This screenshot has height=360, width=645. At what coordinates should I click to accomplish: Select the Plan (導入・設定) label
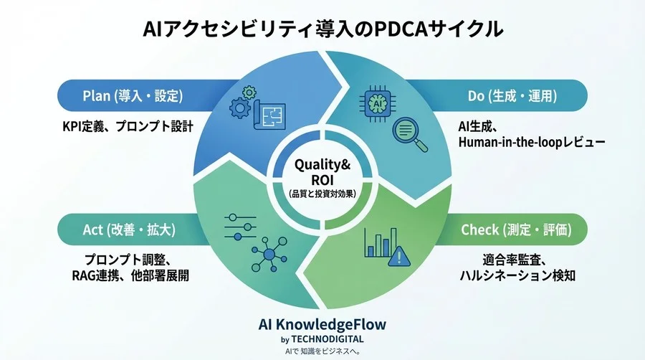[x=133, y=95]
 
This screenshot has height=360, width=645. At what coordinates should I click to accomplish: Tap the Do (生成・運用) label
[x=512, y=95]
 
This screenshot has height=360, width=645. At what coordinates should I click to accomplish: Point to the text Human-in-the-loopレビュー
[x=531, y=142]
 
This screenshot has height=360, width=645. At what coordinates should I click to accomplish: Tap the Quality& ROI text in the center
[x=322, y=172]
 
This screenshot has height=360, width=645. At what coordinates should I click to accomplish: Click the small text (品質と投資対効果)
[x=322, y=193]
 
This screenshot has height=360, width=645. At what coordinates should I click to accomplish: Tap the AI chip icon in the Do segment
[x=377, y=103]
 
